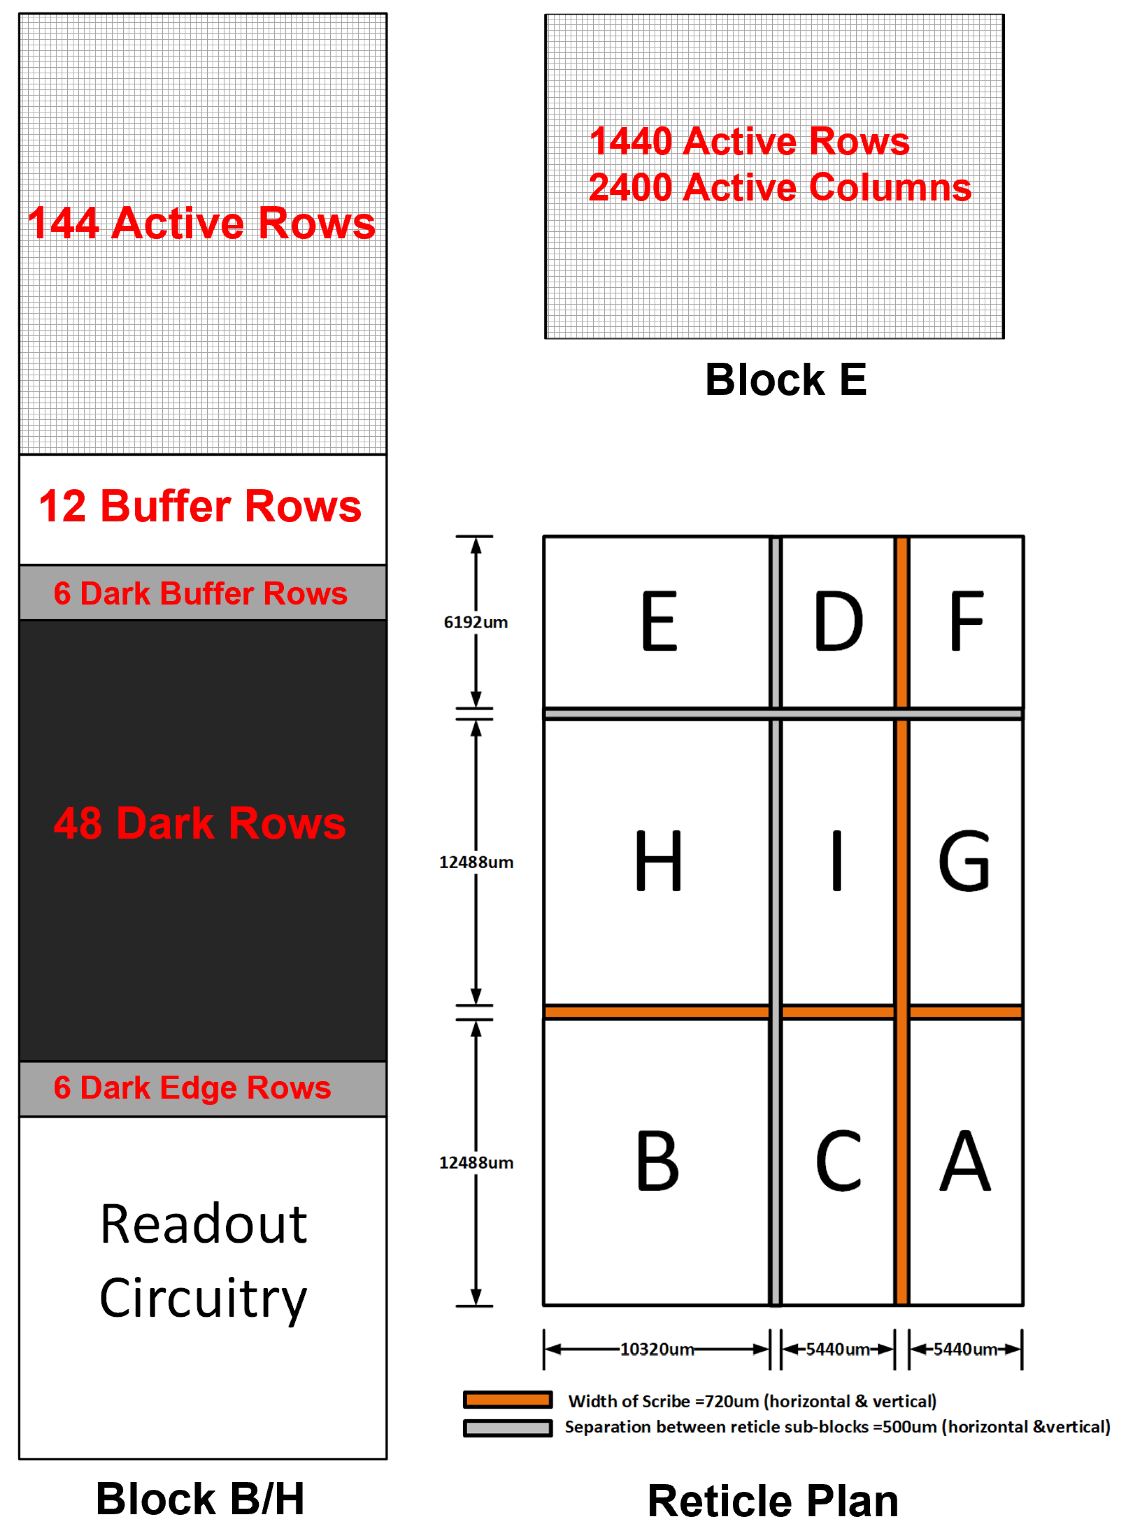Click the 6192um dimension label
[x=476, y=622]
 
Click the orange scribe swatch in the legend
[x=508, y=1400]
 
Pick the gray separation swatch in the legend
[x=508, y=1429]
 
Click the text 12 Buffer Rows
[x=200, y=507]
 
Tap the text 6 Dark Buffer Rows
[x=200, y=593]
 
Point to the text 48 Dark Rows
[x=200, y=823]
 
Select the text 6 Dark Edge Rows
[x=192, y=1088]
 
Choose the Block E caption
[x=786, y=379]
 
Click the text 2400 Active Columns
[x=780, y=187]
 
